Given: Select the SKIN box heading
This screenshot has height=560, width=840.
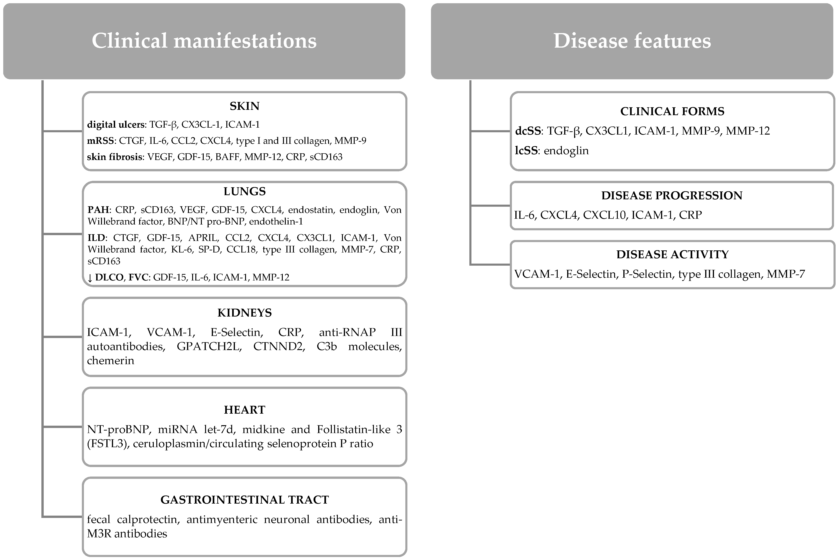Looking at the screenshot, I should point(244,106).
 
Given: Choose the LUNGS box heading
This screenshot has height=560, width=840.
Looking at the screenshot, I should point(244,191).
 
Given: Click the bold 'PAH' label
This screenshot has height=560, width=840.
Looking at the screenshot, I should point(98,210).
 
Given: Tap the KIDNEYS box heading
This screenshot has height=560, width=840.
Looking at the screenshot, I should point(244,313).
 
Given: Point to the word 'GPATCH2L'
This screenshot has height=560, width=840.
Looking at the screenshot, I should point(209,346).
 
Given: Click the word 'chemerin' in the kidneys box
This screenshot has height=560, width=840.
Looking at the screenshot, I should point(110,361).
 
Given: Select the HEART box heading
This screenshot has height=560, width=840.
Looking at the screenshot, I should point(244,410).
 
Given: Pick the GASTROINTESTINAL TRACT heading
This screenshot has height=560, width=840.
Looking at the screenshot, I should point(244,500).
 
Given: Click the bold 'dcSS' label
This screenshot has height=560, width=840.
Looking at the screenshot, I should point(527,131).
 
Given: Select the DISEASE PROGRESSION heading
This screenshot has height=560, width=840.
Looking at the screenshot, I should point(671,195).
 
